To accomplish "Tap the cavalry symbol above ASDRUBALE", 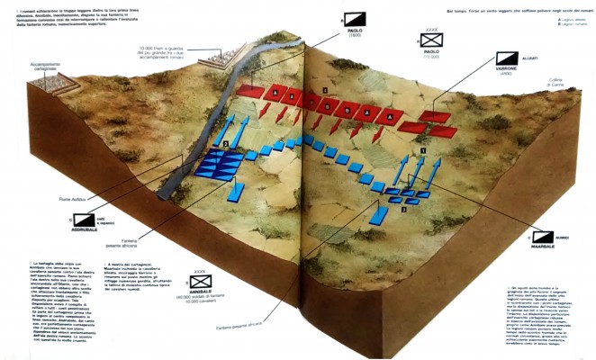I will [x=84, y=217].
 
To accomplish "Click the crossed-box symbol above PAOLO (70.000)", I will [x=433, y=40].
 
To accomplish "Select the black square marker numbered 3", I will [x=404, y=210].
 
